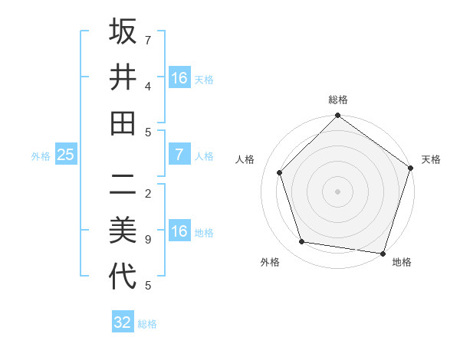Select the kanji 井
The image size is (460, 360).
coord(123,77)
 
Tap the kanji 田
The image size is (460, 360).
coord(123,123)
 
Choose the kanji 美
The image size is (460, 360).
coord(123,231)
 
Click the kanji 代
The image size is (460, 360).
coord(123,277)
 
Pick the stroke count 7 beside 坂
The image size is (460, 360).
coord(148,39)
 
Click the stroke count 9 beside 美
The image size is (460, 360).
coord(148,240)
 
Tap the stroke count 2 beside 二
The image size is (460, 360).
coord(148,193)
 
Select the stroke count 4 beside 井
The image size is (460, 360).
coord(148,86)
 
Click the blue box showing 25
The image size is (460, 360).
coord(66,155)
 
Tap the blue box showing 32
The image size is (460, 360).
coord(123,322)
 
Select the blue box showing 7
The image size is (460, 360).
coord(179,155)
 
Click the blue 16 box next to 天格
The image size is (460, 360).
coord(179,77)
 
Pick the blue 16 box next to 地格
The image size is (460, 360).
coord(179,231)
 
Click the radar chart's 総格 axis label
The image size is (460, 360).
coord(338,100)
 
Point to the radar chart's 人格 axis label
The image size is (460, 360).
coord(245,159)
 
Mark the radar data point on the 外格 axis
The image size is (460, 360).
coord(302,242)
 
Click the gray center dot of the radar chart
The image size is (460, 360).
coord(337,191)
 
